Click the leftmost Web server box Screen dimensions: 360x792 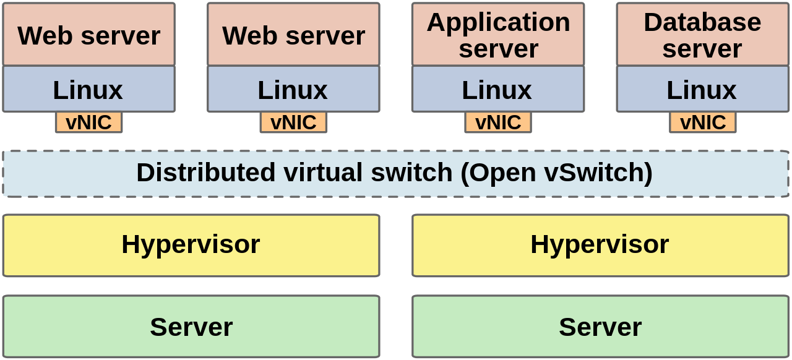[x=89, y=35]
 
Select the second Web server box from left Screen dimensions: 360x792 [x=293, y=35]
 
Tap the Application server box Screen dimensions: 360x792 [x=498, y=35]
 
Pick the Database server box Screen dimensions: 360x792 [x=702, y=35]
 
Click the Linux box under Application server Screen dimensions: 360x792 [x=497, y=90]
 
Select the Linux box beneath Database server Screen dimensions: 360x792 [x=702, y=90]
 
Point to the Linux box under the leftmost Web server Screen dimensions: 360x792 [x=88, y=90]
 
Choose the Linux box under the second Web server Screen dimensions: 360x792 [x=293, y=90]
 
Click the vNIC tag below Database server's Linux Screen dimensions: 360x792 [x=703, y=122]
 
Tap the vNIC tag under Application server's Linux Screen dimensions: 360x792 [x=498, y=122]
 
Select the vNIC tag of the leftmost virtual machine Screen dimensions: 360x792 [x=89, y=122]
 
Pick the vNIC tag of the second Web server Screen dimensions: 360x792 [x=293, y=122]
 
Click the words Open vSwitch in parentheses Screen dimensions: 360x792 [x=557, y=173]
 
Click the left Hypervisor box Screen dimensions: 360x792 [x=191, y=245]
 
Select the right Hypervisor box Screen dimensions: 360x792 [x=600, y=245]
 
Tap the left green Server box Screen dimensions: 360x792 [x=191, y=327]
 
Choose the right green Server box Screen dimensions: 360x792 [x=600, y=327]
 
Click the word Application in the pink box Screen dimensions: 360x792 [x=498, y=22]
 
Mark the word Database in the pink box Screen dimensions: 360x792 [x=702, y=22]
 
